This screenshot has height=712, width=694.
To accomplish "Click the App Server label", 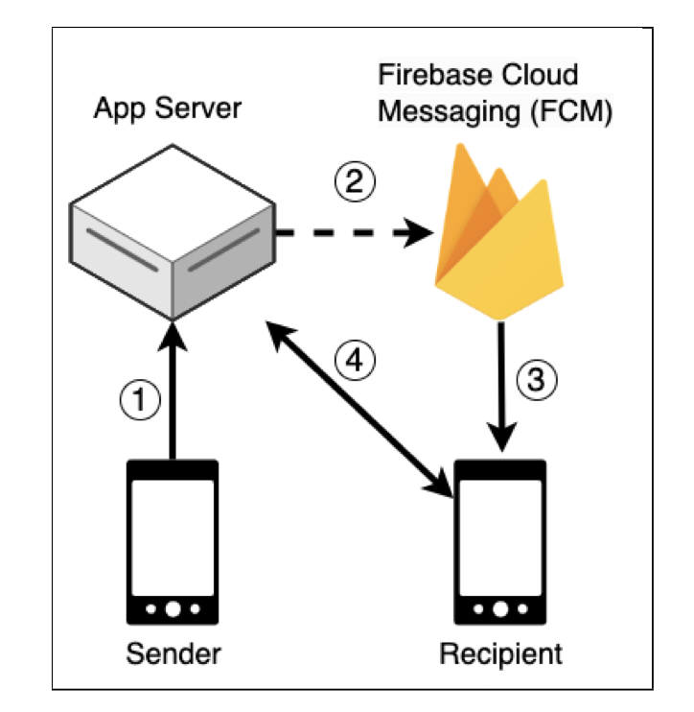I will click(x=167, y=107).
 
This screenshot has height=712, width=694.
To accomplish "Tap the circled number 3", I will click(x=535, y=380).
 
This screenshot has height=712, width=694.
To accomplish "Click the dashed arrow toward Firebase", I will click(x=350, y=231).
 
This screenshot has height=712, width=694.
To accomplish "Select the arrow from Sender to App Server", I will click(x=173, y=393).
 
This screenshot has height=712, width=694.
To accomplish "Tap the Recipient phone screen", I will click(x=500, y=536).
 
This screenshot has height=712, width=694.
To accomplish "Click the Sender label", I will click(x=173, y=655).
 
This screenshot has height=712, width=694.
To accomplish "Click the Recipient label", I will click(x=500, y=655).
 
